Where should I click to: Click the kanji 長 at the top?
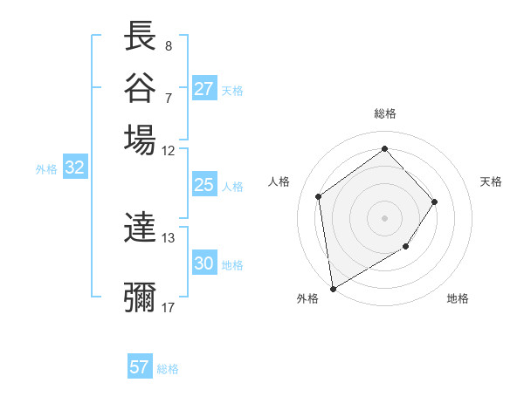pyautogui.click(x=140, y=37)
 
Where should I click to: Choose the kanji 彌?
pyautogui.click(x=140, y=297)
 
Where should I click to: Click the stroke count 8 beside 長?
pyautogui.click(x=168, y=45)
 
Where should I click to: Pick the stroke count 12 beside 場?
pyautogui.click(x=169, y=150)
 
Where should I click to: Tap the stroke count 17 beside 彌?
pyautogui.click(x=169, y=307)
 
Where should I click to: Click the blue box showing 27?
pyautogui.click(x=203, y=89)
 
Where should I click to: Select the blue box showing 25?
pyautogui.click(x=203, y=185)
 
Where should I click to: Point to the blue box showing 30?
pyautogui.click(x=203, y=263)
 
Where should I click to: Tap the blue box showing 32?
pyautogui.click(x=74, y=168)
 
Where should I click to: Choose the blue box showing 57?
pyautogui.click(x=139, y=367)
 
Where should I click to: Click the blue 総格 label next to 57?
pyautogui.click(x=168, y=369)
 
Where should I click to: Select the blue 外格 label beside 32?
pyautogui.click(x=46, y=169)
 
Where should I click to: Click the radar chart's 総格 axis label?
pyautogui.click(x=385, y=113)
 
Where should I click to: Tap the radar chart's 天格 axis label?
pyautogui.click(x=491, y=181)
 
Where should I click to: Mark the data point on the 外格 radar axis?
pyautogui.click(x=332, y=288)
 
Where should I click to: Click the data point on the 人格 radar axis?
pyautogui.click(x=319, y=196)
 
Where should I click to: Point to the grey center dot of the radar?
pyautogui.click(x=385, y=217)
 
